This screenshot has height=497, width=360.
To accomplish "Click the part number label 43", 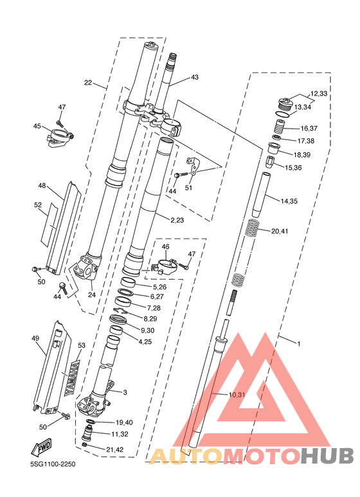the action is [195, 77].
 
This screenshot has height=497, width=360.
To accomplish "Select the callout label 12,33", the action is [318, 93].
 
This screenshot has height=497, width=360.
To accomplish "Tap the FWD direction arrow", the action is [41, 447].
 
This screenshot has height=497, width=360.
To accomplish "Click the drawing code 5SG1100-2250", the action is [53, 464].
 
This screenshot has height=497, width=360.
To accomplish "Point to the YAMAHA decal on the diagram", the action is [73, 378].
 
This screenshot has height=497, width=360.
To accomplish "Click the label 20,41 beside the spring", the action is [280, 231].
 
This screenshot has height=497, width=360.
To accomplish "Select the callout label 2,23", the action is [177, 220].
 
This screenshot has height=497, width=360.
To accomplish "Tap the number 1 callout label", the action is [298, 343].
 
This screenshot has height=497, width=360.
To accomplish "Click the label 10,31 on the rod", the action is [237, 395].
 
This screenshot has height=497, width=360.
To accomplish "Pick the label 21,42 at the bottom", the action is [115, 449].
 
